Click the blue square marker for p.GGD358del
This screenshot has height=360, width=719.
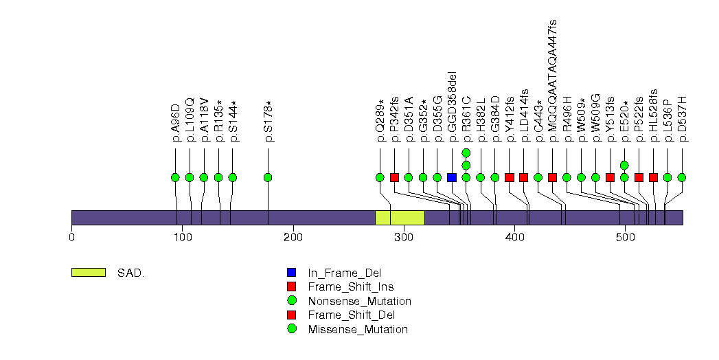(x=451, y=177)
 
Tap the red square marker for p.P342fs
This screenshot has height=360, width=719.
(x=394, y=177)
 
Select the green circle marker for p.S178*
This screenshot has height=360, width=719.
(x=268, y=177)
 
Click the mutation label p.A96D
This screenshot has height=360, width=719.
(x=176, y=123)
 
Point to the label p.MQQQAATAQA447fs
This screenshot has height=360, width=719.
(x=553, y=80)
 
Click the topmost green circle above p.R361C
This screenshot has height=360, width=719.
(x=466, y=153)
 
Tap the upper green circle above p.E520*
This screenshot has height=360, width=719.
(x=624, y=165)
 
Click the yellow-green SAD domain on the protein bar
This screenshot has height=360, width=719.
(x=400, y=217)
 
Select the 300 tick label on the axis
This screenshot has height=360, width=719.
(x=404, y=238)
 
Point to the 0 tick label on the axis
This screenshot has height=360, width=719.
(x=71, y=238)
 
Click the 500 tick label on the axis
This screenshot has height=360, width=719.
(x=625, y=238)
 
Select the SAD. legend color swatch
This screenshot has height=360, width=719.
(x=88, y=272)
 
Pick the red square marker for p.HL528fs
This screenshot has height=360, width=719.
(x=653, y=177)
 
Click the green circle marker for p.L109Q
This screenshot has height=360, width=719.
(x=190, y=177)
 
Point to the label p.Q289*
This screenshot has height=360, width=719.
(x=380, y=120)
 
